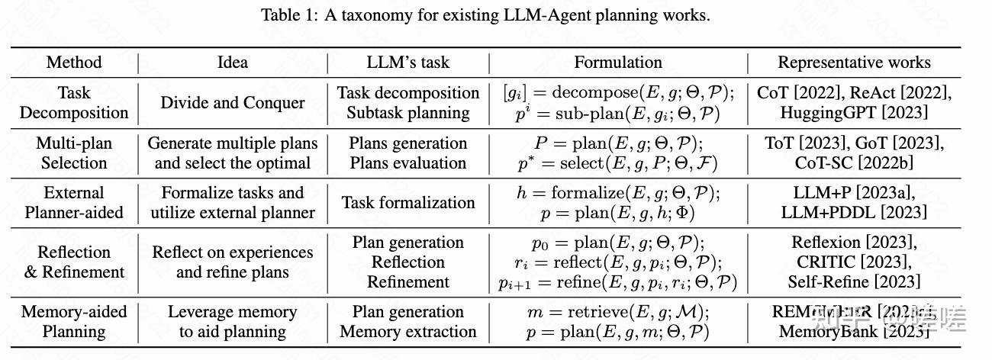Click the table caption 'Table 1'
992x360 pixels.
(485, 15)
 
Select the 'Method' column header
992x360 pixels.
(74, 63)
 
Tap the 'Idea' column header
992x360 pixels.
(233, 63)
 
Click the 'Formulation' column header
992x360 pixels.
(618, 63)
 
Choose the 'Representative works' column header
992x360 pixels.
(854, 63)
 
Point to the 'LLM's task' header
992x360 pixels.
(408, 63)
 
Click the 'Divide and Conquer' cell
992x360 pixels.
(233, 102)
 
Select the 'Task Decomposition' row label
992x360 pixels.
(74, 102)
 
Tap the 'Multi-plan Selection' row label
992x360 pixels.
(74, 153)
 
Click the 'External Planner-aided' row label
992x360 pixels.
(74, 203)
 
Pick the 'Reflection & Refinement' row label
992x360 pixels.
(74, 262)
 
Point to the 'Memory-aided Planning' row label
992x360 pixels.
(74, 321)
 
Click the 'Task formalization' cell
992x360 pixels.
(408, 203)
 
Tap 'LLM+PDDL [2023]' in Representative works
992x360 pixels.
(854, 212)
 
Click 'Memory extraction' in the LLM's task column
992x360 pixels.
(408, 332)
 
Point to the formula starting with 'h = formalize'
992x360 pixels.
(618, 193)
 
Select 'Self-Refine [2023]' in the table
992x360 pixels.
(854, 281)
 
